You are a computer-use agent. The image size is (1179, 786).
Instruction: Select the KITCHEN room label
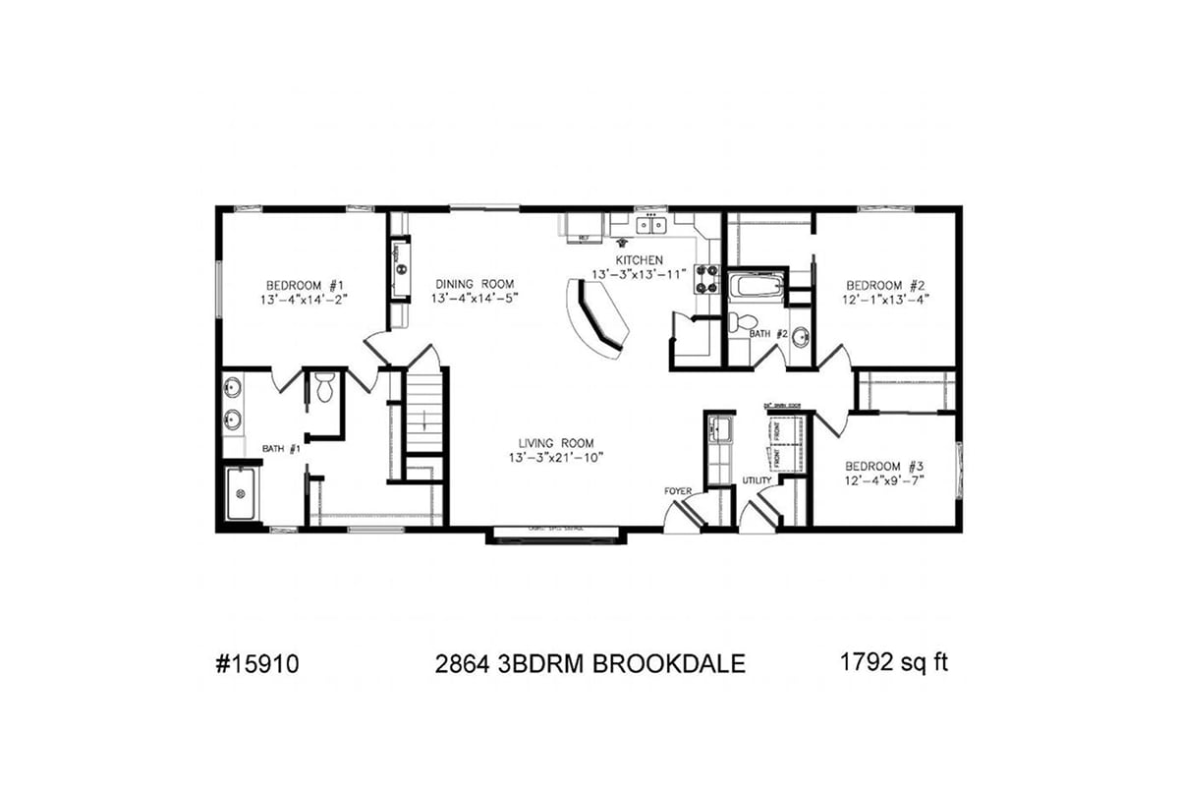click(639, 260)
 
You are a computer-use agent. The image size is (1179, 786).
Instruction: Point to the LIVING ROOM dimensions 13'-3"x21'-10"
click(555, 458)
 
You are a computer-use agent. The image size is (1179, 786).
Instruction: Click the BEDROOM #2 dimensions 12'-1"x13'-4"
click(885, 299)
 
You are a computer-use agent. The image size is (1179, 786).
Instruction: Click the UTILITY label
click(757, 480)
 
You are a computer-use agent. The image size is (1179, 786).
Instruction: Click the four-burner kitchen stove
click(706, 280)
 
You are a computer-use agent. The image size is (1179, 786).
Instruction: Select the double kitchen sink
click(649, 226)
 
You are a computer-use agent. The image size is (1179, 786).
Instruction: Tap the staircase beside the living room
click(424, 418)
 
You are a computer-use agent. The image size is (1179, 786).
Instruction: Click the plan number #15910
click(255, 664)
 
